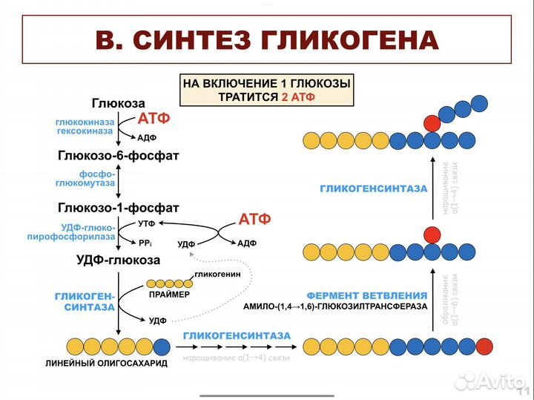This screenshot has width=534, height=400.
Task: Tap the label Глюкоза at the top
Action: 119,103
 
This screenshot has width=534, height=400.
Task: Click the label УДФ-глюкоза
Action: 118,260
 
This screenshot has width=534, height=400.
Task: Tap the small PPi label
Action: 145,242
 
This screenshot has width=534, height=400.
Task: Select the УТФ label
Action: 147,223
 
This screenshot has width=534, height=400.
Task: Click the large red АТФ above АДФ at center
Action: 254,219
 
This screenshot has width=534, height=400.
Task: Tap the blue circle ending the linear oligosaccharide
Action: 161,346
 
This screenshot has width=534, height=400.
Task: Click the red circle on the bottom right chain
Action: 484,346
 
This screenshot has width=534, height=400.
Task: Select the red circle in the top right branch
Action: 432,122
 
